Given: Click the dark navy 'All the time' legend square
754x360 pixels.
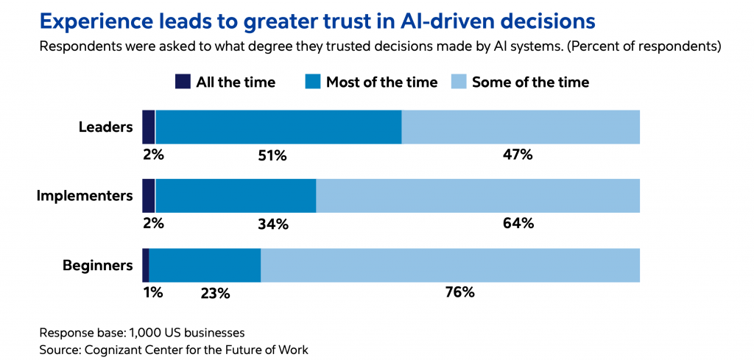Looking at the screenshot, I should [x=183, y=82].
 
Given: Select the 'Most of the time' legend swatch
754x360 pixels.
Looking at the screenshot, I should [x=312, y=82].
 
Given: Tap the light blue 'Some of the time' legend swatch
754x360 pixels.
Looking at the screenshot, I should [x=458, y=82].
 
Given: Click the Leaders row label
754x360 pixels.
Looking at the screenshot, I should [x=105, y=127].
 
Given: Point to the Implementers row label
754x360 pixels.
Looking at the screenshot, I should [x=85, y=196].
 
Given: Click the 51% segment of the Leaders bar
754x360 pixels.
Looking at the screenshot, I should [x=278, y=127].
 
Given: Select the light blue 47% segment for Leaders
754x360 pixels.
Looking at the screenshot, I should [x=521, y=127].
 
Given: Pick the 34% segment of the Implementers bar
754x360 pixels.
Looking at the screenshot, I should [x=236, y=196].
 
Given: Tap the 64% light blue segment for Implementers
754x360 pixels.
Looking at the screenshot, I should [x=478, y=196].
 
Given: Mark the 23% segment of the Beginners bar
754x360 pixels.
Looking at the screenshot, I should [x=205, y=265].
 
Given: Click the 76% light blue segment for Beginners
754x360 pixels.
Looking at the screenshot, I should [x=450, y=265].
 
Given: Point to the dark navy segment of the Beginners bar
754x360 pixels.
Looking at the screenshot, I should [x=146, y=265].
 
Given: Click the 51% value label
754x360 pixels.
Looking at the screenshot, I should [x=272, y=155].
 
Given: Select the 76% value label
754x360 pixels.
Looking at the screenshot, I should [x=460, y=292].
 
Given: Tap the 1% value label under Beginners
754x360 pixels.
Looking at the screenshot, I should [x=152, y=292].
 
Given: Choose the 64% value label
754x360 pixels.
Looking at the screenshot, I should [x=518, y=223].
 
